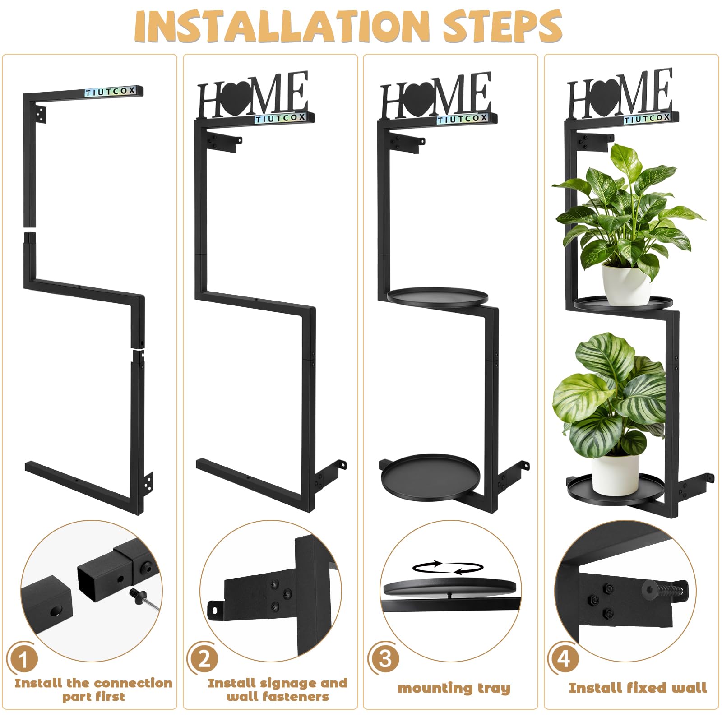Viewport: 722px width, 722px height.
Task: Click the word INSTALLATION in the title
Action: (282, 26)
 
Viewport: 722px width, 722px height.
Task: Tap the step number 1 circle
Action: (23, 658)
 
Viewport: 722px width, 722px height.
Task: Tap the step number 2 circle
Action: (204, 658)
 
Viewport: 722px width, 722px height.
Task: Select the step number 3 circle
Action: (384, 658)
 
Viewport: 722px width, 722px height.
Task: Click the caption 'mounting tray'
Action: (454, 689)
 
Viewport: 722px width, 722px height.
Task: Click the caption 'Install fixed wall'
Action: (638, 688)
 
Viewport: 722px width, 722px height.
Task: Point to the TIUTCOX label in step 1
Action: (111, 92)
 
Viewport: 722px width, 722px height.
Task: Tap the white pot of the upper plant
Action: (626, 284)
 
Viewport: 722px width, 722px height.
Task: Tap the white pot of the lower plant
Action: (615, 474)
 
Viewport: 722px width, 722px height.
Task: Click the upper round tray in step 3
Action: (438, 297)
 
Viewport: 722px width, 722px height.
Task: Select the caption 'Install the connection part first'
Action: (93, 690)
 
